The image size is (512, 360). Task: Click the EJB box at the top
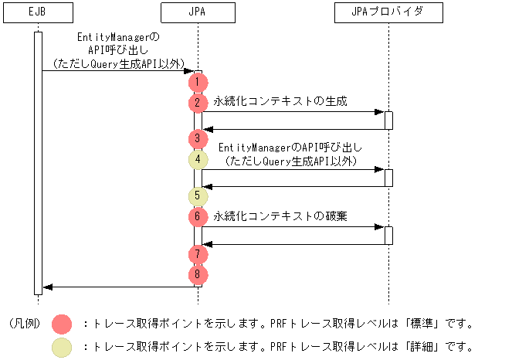(38, 12)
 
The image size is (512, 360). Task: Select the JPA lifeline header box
(198, 12)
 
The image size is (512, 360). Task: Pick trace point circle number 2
(198, 101)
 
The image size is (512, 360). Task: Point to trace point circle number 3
(198, 139)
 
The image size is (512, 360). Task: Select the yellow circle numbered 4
(198, 160)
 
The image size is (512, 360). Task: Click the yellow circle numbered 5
(198, 196)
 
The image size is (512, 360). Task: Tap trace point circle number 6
(198, 217)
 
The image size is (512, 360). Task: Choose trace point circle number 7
(198, 253)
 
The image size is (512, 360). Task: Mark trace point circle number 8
(198, 273)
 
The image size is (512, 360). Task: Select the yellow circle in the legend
(62, 347)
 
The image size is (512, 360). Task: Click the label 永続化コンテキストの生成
(280, 101)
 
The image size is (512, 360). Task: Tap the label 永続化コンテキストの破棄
(280, 216)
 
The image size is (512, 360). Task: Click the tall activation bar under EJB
(38, 162)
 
